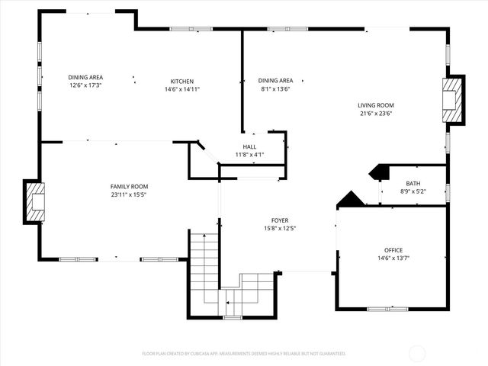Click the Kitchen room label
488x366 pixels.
[181, 82]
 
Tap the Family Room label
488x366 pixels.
[129, 186]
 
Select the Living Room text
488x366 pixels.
[375, 105]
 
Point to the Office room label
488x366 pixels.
[393, 250]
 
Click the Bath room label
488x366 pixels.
[413, 184]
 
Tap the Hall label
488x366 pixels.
[250, 146]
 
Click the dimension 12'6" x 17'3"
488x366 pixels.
[85, 85]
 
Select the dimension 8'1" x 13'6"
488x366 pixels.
[275, 88]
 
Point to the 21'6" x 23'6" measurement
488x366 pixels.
[375, 115]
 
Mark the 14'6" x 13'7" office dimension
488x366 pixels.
[393, 258]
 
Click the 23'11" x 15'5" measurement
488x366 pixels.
[129, 194]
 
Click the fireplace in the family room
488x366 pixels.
[34, 201]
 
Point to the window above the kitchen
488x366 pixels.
[191, 29]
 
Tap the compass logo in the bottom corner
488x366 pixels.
[418, 353]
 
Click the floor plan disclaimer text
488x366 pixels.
[244, 354]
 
